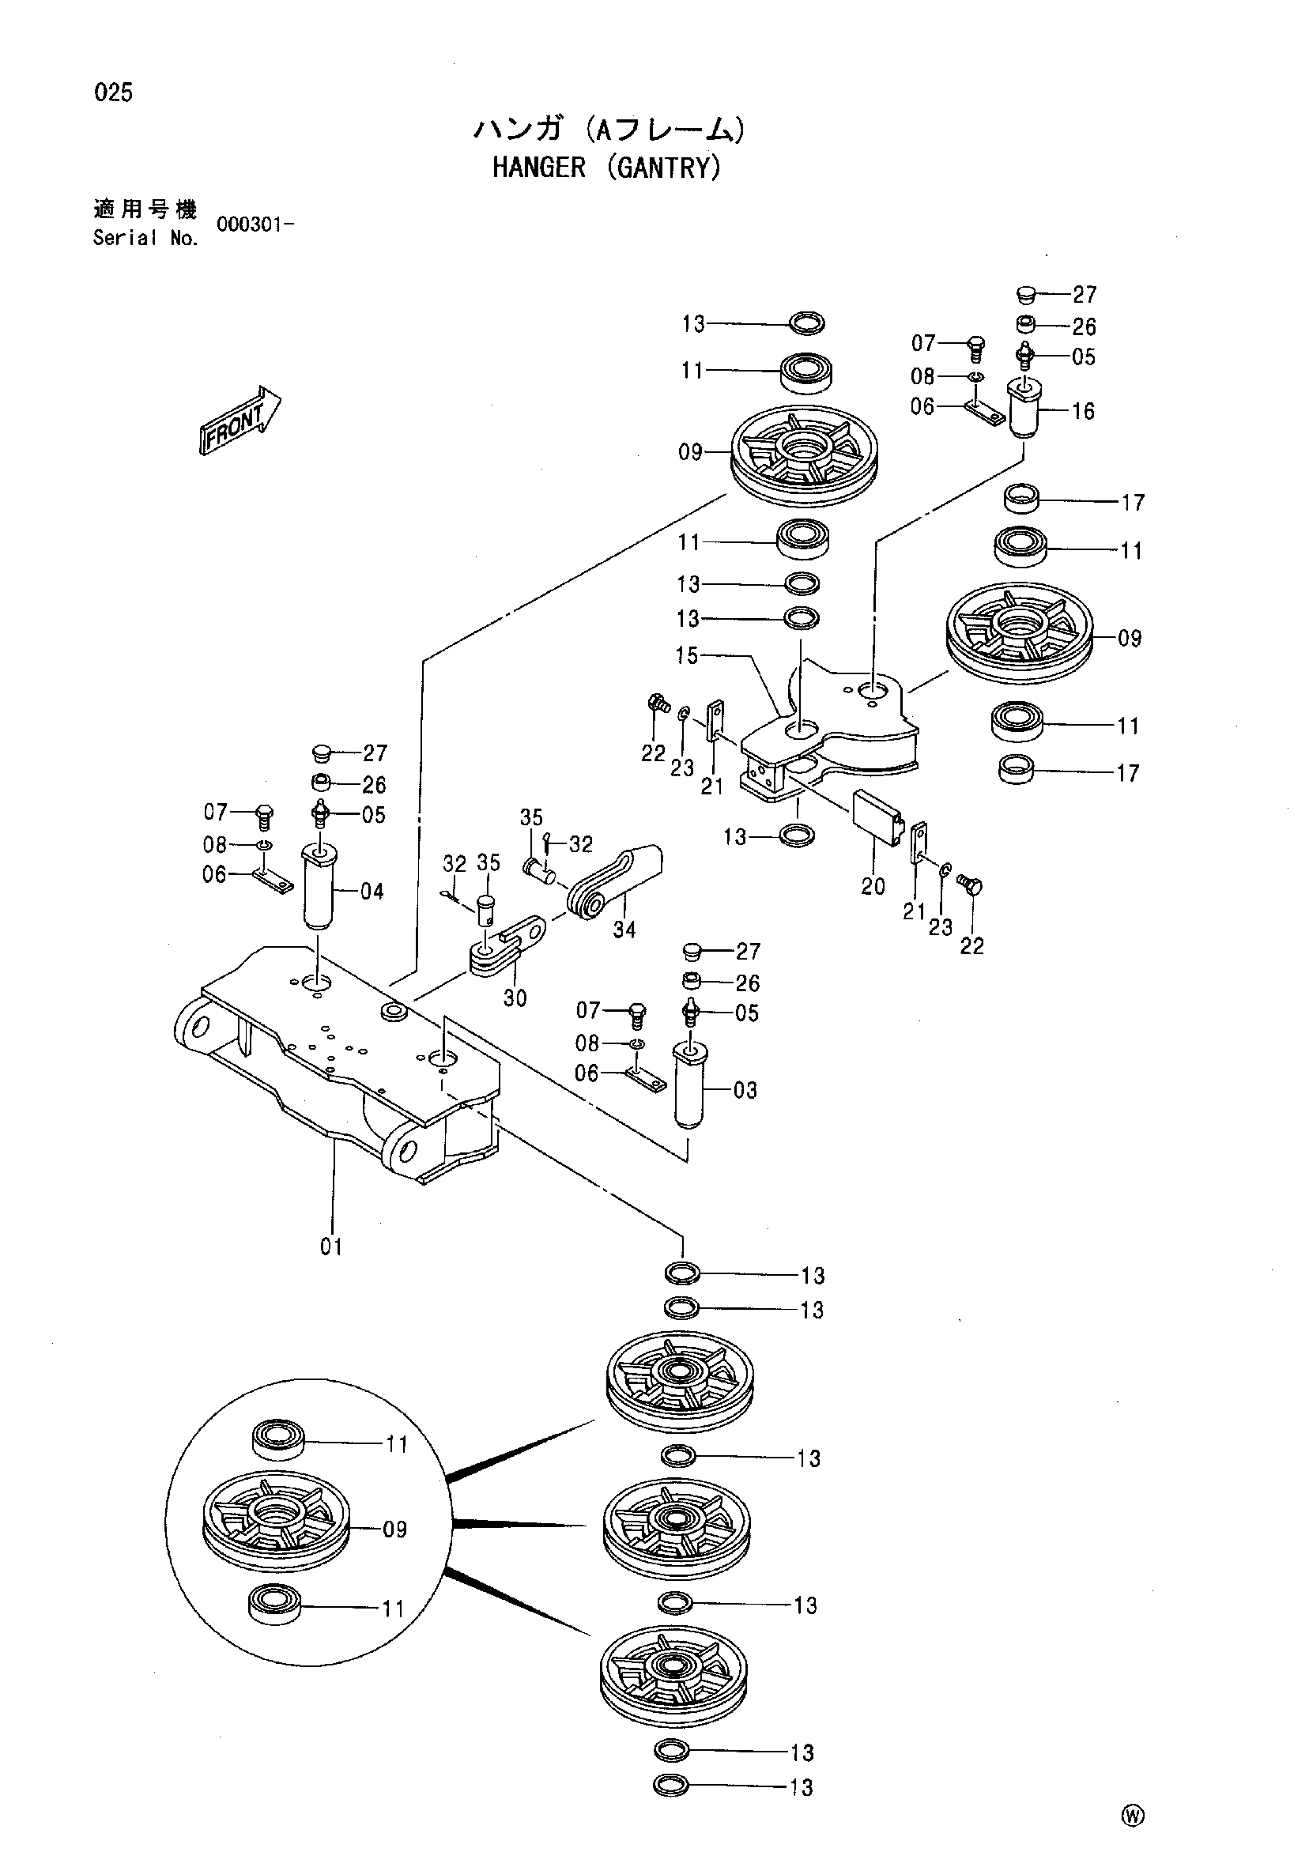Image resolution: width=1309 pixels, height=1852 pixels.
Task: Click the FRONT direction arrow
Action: coord(240,421)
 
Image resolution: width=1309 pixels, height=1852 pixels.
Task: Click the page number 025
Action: coord(114,92)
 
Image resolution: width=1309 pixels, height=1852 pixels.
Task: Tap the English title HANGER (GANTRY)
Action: coord(606,168)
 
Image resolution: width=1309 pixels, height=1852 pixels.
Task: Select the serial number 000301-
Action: coord(254,224)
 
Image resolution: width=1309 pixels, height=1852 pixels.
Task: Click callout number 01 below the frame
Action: coord(331,1247)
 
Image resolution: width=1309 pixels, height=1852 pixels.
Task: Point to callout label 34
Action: coord(624,930)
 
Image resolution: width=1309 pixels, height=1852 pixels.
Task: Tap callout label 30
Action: coord(515,998)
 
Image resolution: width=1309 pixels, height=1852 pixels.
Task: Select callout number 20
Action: coord(873,886)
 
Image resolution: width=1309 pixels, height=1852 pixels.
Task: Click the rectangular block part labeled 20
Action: coord(879,817)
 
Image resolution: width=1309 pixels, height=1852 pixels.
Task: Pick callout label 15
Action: coord(687,656)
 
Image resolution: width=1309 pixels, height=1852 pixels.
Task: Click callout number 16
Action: coord(1083,411)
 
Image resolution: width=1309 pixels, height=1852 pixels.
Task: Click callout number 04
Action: coord(372,892)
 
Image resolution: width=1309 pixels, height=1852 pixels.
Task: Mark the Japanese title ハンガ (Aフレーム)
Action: coord(607,129)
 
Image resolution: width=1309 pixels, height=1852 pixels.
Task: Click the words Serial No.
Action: coord(145,238)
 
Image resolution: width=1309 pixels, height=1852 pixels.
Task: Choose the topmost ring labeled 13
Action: coord(806,323)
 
